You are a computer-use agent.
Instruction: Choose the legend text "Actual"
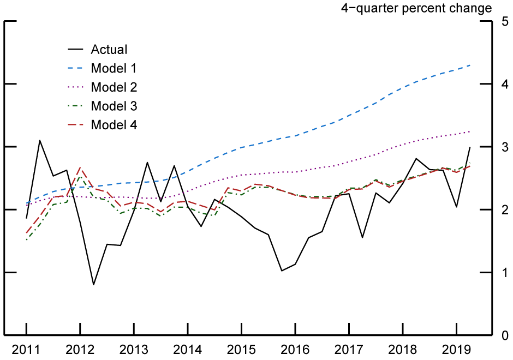pos(109,50)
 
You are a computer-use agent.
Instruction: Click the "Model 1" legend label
pos(114,68)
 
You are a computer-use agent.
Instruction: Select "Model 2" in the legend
pos(114,87)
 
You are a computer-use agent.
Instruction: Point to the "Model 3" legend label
pos(114,106)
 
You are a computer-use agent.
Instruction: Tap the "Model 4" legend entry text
pos(114,125)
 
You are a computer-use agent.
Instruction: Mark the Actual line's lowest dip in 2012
pos(93,285)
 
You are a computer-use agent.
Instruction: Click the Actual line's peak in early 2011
pos(39,140)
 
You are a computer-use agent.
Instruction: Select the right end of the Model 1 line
pos(470,65)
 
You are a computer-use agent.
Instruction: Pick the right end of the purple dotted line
pos(470,131)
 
